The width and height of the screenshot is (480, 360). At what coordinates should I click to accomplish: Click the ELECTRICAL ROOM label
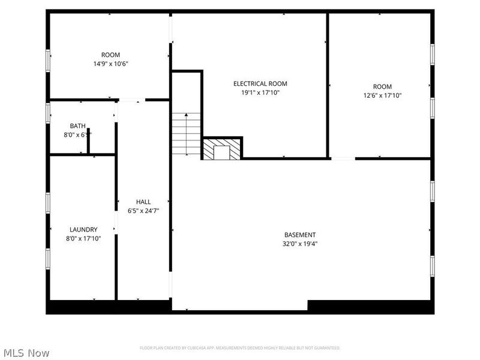pyautogui.click(x=260, y=84)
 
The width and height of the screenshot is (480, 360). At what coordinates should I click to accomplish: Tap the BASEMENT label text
pyautogui.click(x=300, y=235)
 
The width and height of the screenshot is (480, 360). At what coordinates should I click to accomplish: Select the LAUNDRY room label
pyautogui.click(x=83, y=229)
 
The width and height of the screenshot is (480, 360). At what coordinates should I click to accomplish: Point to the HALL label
pyautogui.click(x=143, y=202)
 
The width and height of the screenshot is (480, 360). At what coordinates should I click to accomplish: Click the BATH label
pyautogui.click(x=77, y=126)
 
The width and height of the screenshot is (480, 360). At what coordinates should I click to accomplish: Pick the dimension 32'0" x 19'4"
pyautogui.click(x=300, y=244)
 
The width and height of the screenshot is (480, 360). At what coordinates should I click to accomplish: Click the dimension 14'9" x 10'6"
pyautogui.click(x=110, y=64)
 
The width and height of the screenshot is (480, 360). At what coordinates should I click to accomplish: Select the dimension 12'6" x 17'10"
pyautogui.click(x=382, y=95)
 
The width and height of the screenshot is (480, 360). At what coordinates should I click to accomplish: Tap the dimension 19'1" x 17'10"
pyautogui.click(x=260, y=93)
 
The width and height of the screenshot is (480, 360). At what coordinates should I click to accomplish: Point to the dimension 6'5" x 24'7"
pyautogui.click(x=143, y=211)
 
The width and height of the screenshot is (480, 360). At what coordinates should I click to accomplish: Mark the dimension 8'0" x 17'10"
pyautogui.click(x=83, y=238)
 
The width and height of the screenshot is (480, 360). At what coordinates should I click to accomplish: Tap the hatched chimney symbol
pyautogui.click(x=222, y=149)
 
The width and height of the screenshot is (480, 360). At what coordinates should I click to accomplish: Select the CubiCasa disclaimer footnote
pyautogui.click(x=240, y=348)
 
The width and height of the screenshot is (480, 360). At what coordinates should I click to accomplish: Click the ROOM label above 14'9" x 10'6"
pyautogui.click(x=110, y=55)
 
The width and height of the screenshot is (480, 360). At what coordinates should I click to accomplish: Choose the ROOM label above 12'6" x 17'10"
pyautogui.click(x=382, y=86)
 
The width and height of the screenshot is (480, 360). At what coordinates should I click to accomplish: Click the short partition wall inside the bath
pyautogui.click(x=88, y=142)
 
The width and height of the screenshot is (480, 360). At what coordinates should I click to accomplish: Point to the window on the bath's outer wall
pyautogui.click(x=48, y=113)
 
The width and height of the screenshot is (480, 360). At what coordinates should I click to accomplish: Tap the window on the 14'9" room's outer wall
pyautogui.click(x=48, y=61)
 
